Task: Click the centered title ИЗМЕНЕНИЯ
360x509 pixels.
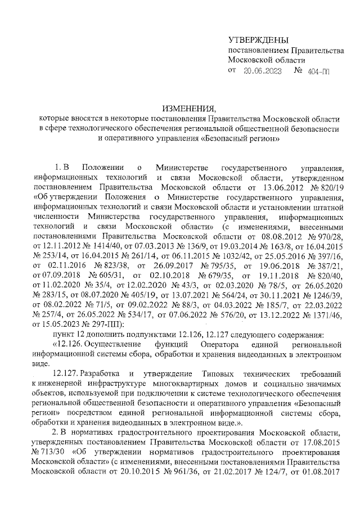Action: click(x=189, y=108)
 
